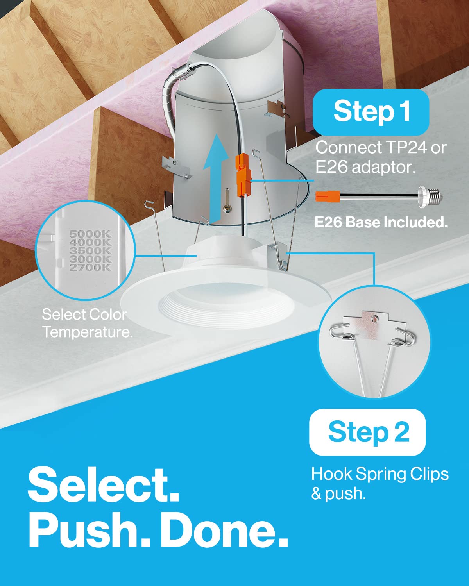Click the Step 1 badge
(371, 112)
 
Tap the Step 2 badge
(367, 432)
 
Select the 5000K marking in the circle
(90, 234)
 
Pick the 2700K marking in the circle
(90, 267)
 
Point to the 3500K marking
(90, 250)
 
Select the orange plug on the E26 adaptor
(328, 197)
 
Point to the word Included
(416, 222)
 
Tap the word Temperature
(88, 332)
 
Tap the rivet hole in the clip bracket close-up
(376, 318)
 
